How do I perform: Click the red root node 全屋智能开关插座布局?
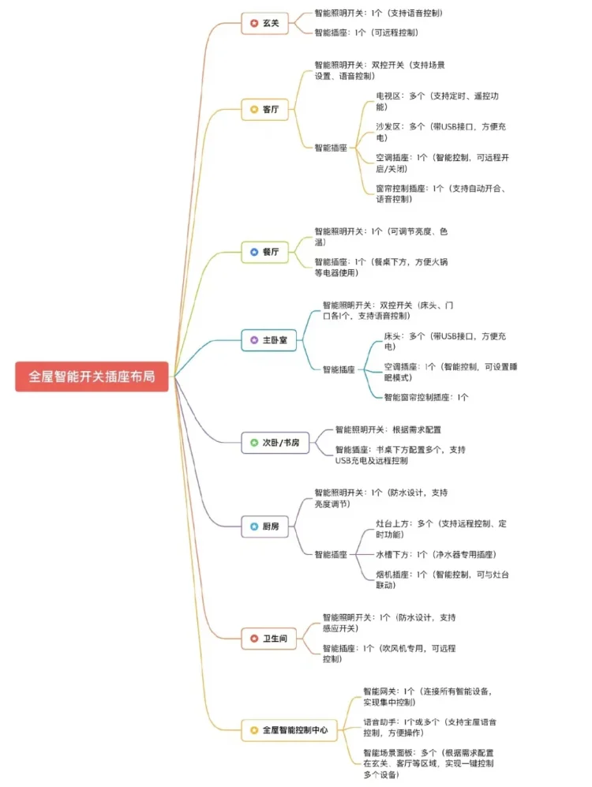point(92,377)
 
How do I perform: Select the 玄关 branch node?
point(264,23)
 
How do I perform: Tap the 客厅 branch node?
point(264,110)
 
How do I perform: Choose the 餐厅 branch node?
point(264,252)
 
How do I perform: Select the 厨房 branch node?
point(264,527)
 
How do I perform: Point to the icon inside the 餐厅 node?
point(253,252)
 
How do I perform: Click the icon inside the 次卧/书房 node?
point(253,443)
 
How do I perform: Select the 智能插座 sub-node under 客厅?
point(331,148)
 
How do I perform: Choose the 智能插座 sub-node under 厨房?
point(331,555)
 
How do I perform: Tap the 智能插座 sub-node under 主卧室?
point(339,369)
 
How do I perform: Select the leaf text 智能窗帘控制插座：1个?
point(426,397)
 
